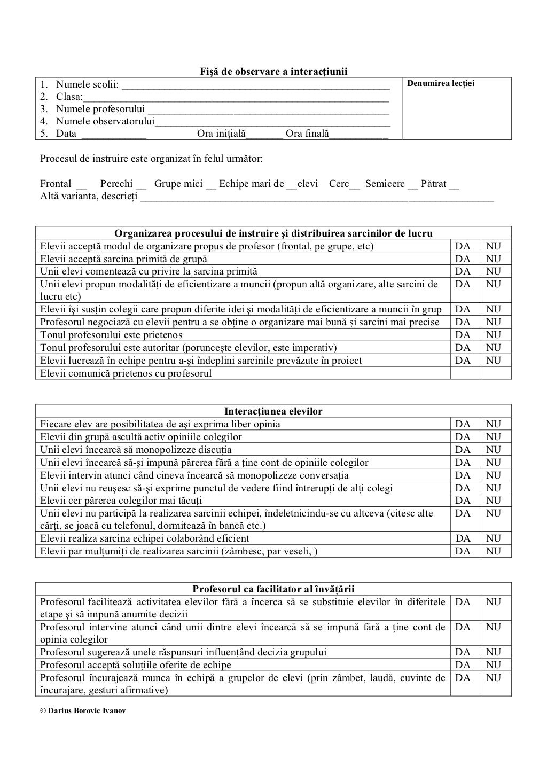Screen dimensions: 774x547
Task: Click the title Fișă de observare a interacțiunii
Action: coord(273,72)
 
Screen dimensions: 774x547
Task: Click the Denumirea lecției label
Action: coord(441,83)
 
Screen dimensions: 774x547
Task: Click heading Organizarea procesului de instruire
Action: coord(273,233)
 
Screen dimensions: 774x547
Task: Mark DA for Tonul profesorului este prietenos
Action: coord(463,335)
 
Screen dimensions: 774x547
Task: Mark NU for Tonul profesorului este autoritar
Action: coord(494,348)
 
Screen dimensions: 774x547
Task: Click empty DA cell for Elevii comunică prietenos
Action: coord(465,373)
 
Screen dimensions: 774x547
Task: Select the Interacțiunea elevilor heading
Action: coord(273,411)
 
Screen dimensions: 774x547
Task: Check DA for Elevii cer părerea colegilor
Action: coord(463,501)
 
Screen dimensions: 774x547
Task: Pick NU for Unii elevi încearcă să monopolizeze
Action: coord(494,450)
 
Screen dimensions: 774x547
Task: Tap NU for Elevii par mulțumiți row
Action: coord(494,551)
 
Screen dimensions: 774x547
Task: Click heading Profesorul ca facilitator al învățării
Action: coord(273,589)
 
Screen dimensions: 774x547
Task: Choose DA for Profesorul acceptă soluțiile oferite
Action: coord(463,665)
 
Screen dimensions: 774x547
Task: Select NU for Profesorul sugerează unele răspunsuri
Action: coord(494,652)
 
